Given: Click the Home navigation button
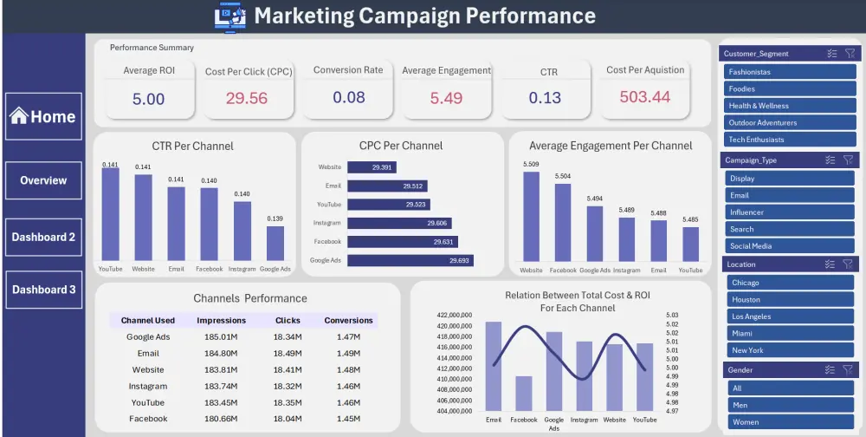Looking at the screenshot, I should click(43, 116).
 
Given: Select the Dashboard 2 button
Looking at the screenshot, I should click(43, 237).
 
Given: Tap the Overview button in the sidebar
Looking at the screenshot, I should click(43, 180).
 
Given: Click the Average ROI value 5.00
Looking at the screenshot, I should click(148, 99).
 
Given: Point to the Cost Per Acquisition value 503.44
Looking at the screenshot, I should click(645, 97).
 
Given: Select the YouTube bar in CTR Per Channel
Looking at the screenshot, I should click(110, 213).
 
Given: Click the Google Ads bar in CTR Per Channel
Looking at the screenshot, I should click(275, 243).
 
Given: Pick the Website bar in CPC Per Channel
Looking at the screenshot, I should click(382, 166).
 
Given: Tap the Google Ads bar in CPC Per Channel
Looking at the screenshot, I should click(410, 260).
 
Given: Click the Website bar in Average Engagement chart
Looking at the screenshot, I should click(531, 216).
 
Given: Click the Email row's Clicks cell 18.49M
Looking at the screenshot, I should click(288, 353).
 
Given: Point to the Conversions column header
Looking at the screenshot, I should click(348, 320).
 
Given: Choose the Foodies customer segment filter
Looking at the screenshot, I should click(789, 88).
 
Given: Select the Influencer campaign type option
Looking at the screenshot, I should click(789, 212).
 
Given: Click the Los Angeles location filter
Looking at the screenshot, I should click(789, 316).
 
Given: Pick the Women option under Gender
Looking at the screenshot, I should click(789, 422).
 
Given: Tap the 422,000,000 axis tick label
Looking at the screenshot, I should click(455, 316).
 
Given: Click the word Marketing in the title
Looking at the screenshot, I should click(302, 16).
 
